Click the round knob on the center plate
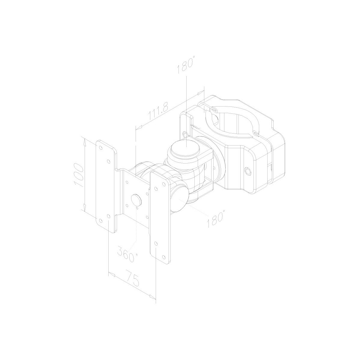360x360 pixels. pyautogui.click(x=136, y=200)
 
